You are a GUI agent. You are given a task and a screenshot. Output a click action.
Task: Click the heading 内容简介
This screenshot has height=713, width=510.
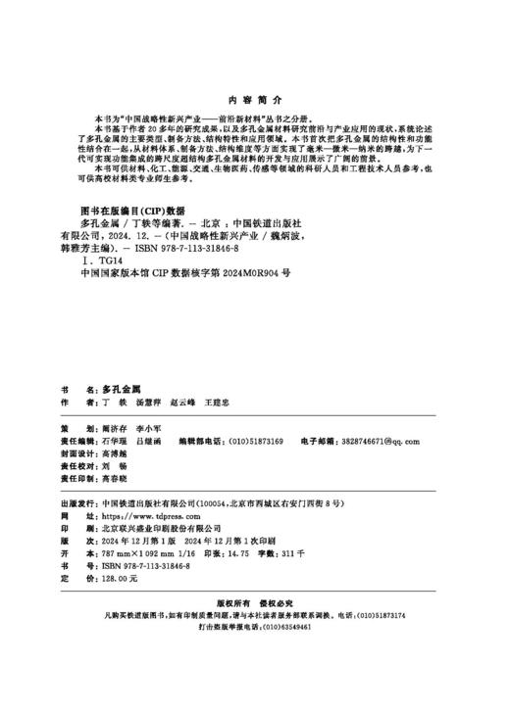tap(254, 100)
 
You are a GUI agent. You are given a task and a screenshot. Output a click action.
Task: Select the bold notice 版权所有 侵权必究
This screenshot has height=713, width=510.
tap(254, 605)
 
